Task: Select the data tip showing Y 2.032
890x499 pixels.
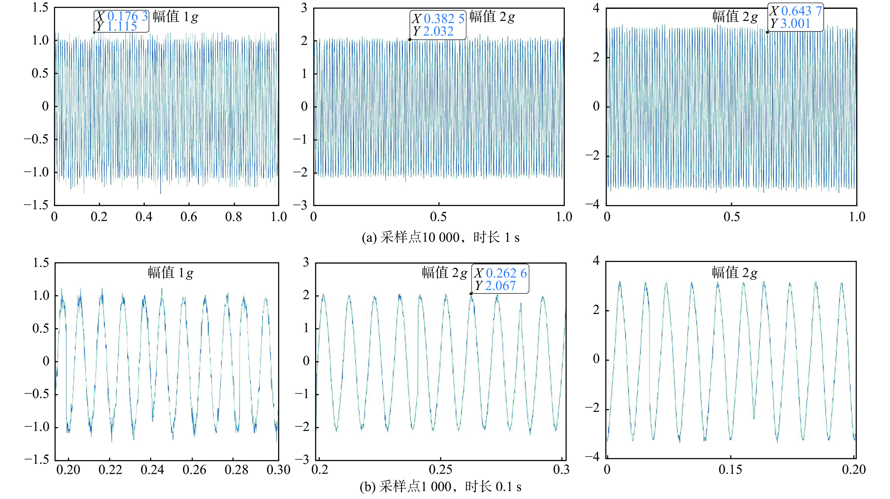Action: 438,25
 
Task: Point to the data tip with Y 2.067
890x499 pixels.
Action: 500,279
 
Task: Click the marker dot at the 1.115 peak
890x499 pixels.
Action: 94,32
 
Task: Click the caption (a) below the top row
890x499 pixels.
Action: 441,237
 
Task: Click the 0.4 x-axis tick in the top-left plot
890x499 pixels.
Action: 144,217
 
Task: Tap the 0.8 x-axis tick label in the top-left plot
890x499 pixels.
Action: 234,217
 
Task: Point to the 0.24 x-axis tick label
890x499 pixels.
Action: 152,470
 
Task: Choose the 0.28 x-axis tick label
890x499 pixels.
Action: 236,470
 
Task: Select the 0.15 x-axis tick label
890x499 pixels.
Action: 730,470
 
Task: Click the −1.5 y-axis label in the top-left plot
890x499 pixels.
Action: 36,205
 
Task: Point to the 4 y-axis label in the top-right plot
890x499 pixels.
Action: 596,8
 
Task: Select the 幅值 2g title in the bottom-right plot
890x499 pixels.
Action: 735,273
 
